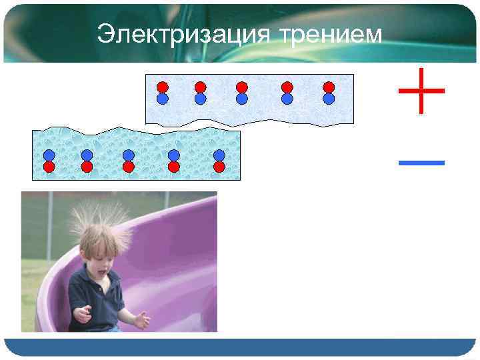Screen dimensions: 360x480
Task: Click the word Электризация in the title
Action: coord(182,34)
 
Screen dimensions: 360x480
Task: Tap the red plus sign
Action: coord(421,89)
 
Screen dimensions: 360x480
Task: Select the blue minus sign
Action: coord(421,161)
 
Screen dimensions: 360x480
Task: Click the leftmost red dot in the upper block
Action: coord(162,87)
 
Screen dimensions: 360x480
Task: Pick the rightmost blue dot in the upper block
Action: coord(328,99)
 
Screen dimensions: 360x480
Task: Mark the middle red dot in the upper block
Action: coord(242,87)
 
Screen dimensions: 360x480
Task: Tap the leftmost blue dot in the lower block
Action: coord(49,155)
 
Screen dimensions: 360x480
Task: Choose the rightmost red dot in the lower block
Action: coord(219,167)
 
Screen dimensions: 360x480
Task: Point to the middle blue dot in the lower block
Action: coord(129,155)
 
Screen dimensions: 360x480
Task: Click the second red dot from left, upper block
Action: coord(200,87)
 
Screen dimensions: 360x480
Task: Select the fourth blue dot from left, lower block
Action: coord(174,155)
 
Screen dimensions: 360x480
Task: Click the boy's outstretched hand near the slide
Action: coord(141,321)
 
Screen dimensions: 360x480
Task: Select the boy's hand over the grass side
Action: coord(81,313)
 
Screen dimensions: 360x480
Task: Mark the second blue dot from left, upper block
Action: coord(200,99)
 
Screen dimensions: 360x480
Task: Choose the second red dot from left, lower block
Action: coord(87,167)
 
